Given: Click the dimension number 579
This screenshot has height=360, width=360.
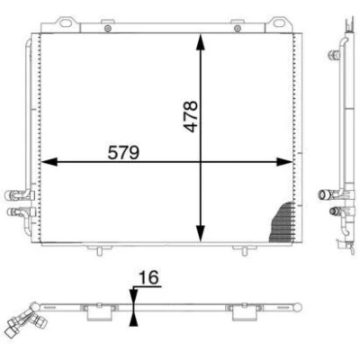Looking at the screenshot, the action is [123, 152].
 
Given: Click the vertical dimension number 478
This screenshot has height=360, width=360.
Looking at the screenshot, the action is [191, 116].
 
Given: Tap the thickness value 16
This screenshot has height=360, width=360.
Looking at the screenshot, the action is [148, 277].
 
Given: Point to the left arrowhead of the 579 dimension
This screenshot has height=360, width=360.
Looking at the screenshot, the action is [49, 162].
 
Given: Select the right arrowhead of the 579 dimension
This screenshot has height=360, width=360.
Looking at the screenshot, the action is [284, 162].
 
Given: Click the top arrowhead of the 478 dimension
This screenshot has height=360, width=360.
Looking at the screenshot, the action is [201, 41].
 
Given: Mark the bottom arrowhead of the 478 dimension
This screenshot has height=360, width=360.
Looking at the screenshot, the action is [201, 234].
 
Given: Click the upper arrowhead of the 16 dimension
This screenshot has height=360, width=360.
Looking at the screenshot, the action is [133, 296].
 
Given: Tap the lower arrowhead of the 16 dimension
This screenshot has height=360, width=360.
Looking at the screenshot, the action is [133, 319].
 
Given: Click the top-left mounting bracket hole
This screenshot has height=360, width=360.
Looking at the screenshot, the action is [66, 22].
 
